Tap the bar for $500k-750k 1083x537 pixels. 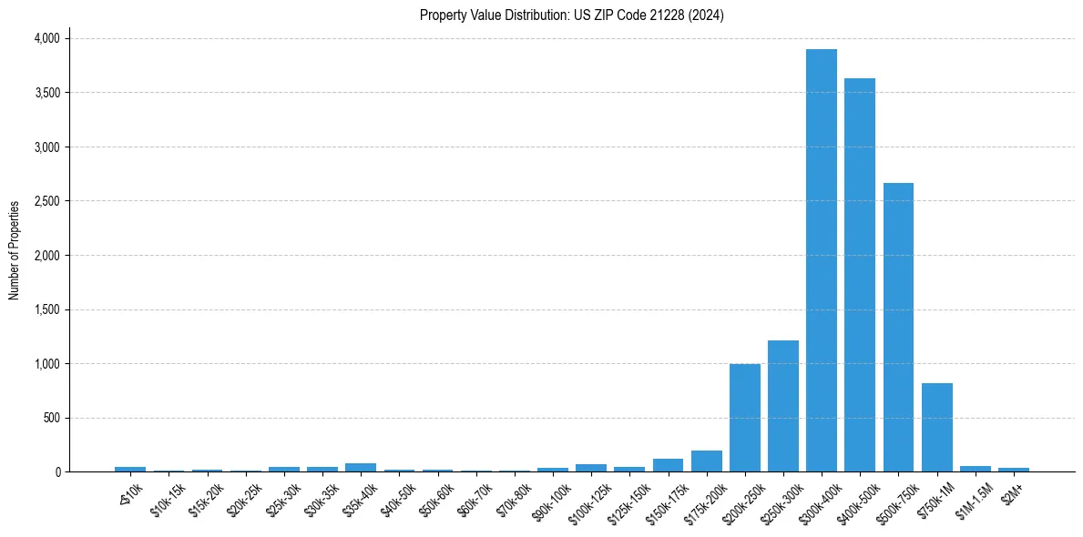tap(898, 328)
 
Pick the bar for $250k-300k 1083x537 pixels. tap(782, 406)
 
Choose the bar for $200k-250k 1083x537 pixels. tap(744, 418)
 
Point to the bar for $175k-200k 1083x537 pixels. tap(706, 461)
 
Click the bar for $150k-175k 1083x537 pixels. tap(668, 465)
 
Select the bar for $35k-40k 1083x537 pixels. tap(361, 468)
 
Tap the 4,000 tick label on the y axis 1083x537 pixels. tap(46, 38)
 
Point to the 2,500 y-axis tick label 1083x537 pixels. tap(46, 201)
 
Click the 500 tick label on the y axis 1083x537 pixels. tap(53, 418)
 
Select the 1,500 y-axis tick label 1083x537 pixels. tap(46, 309)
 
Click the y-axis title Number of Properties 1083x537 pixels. tap(15, 250)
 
